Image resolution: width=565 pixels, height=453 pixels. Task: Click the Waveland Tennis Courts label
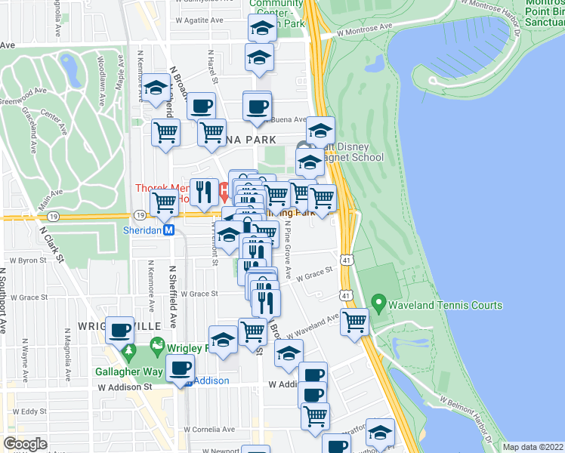[x=455, y=305]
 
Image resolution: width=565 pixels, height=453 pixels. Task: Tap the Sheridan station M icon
[x=170, y=230]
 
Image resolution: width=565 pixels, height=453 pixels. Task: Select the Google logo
[x=26, y=444]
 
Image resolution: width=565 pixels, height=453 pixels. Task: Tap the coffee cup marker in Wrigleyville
[x=120, y=331]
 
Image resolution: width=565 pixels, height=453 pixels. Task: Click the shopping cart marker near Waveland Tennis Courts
[x=354, y=322]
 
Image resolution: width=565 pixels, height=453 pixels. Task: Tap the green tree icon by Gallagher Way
[x=128, y=352]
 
